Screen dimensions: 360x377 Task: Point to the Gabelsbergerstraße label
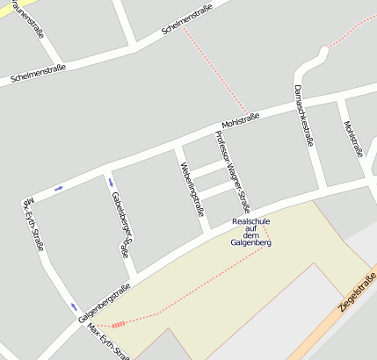coord(121,223)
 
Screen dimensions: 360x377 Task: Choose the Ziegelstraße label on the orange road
coord(357,293)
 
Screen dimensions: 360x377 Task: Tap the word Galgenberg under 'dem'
coord(250,242)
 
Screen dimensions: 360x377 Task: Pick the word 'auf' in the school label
coord(250,228)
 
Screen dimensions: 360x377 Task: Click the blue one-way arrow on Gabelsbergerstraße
coord(110,181)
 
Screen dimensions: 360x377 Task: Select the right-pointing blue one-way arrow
coord(58,187)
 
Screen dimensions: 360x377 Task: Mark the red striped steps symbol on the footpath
coord(118,324)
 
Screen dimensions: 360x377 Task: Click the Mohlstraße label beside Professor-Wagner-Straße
coord(240,118)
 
